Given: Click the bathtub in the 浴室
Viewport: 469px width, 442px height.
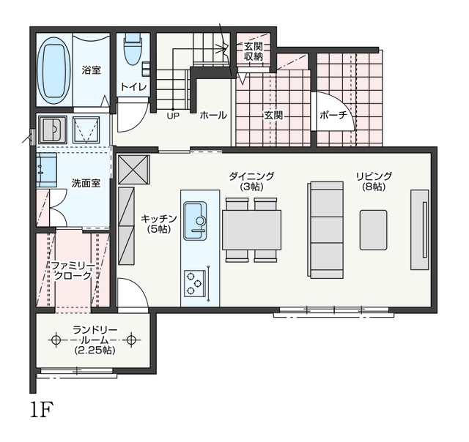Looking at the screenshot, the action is (54, 70).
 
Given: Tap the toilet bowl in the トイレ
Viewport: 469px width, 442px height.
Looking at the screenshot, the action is (132, 49).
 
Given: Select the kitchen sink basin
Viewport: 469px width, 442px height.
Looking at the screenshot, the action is (195, 221).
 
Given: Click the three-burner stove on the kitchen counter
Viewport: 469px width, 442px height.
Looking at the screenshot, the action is (194, 284).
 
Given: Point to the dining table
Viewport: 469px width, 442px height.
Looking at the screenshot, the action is (251, 230).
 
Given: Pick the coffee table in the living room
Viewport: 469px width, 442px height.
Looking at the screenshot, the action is (373, 230).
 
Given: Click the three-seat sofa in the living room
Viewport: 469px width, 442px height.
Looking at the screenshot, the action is (325, 230).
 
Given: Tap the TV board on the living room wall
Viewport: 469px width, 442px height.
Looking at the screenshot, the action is (420, 230).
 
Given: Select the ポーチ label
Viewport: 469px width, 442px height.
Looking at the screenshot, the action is (333, 115).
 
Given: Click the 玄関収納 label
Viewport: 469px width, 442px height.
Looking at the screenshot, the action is (254, 51).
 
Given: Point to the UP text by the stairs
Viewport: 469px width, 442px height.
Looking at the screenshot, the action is (173, 116).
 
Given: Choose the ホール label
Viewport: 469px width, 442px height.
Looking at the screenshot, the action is (213, 115).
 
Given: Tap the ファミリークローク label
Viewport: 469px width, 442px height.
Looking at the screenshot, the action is (73, 271).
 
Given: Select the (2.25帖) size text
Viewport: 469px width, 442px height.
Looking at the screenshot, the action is (95, 350).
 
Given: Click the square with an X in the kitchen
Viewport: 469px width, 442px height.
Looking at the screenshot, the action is (133, 170).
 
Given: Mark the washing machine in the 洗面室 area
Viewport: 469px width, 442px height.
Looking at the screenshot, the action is (53, 130).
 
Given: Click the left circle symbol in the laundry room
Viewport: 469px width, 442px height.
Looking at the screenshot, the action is (56, 340).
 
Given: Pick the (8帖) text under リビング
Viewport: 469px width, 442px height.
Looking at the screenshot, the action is (374, 187).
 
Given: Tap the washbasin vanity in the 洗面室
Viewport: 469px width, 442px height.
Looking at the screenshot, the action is (47, 171).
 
